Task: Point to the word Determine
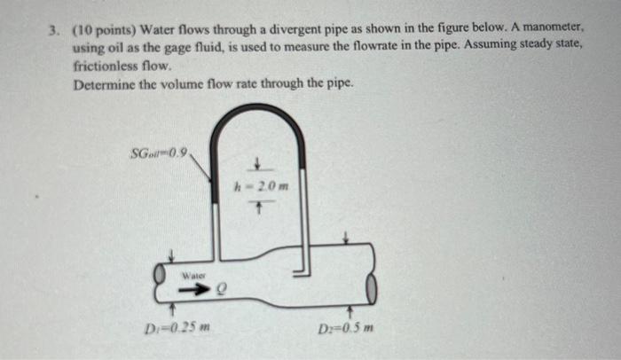point(106,84)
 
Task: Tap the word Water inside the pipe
point(193,275)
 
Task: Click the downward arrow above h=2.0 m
point(255,165)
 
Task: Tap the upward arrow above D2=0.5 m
point(351,312)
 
